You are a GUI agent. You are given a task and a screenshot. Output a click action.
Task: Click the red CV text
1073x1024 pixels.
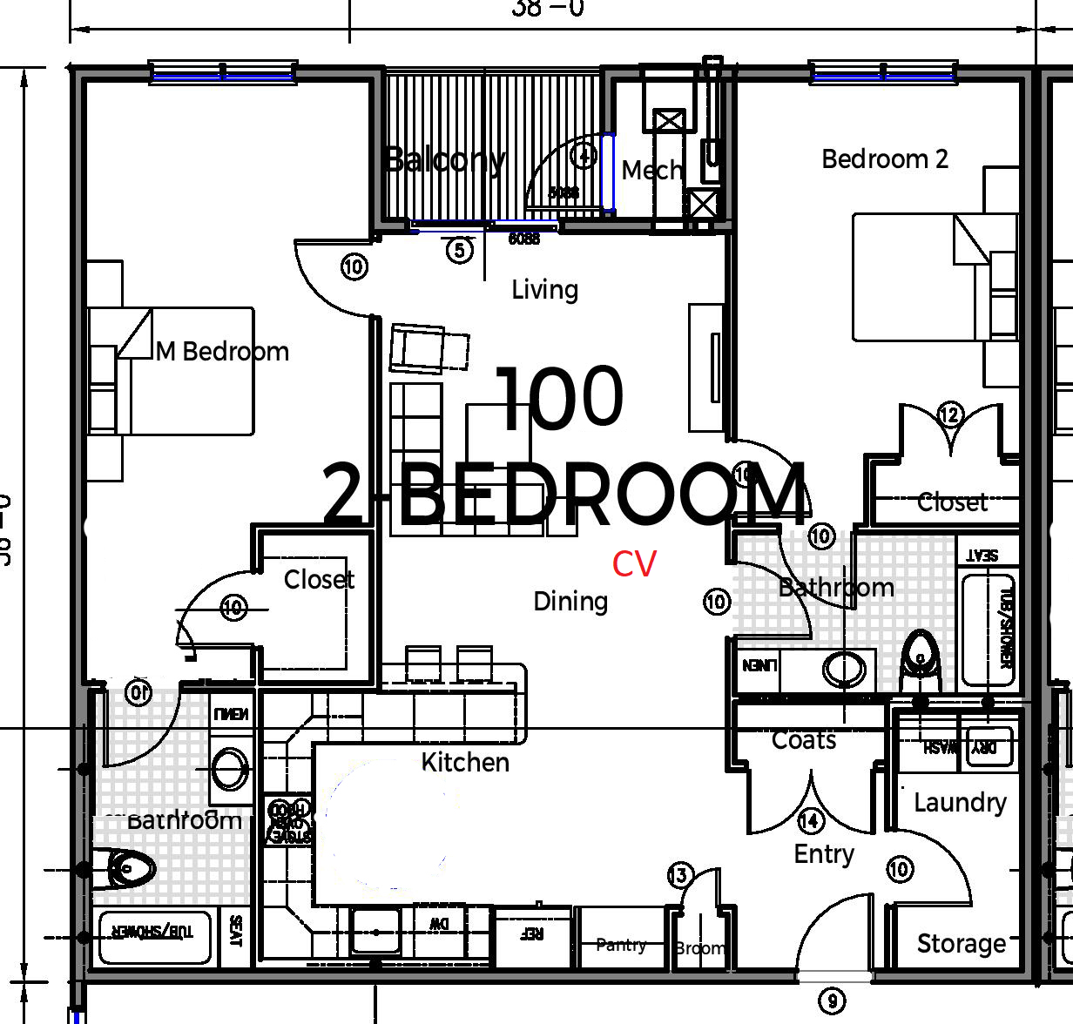634,564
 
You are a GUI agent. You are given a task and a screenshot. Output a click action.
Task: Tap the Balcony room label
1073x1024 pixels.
445,160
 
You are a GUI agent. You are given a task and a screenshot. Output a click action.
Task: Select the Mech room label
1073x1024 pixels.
651,170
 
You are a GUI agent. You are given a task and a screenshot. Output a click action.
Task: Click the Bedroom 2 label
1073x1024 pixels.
885,159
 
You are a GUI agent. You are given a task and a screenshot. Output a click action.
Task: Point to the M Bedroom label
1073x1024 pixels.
223,352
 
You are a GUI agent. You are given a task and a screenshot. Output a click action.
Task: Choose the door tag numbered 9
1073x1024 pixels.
833,1001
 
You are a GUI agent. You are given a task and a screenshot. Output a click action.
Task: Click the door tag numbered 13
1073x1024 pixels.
680,875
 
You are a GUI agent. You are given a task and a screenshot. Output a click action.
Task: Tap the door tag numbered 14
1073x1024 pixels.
811,820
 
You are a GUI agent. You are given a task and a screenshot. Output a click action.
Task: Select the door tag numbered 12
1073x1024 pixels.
949,414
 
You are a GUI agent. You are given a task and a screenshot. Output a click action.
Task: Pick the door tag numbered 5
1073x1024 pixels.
460,251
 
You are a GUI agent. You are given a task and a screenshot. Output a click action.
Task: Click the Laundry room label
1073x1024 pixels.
960,802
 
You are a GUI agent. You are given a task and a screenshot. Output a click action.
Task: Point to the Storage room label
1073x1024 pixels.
962,944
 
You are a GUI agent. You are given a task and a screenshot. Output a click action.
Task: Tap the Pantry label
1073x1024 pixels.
621,945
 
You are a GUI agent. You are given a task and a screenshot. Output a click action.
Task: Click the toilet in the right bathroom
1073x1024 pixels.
920,657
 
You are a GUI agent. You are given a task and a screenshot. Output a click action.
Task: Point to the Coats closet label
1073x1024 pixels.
804,740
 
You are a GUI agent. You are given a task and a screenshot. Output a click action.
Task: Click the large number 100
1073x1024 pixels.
560,398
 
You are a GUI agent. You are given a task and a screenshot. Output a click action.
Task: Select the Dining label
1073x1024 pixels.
570,601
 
